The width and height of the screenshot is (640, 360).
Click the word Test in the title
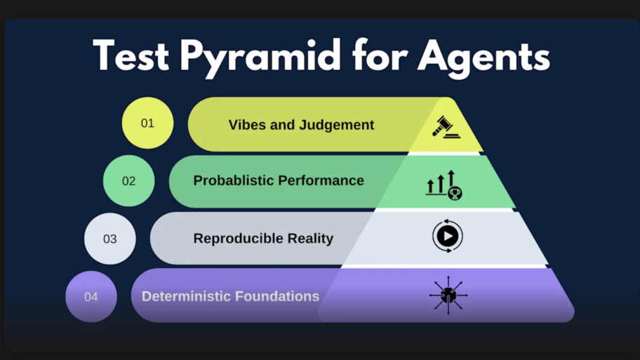(131, 56)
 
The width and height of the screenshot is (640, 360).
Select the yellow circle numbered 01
(147, 124)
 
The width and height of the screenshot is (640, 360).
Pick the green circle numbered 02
(128, 181)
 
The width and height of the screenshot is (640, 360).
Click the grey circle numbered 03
(110, 239)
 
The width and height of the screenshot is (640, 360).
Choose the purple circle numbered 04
(91, 297)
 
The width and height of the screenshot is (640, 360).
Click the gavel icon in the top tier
(446, 127)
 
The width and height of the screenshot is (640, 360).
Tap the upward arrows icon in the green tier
(444, 185)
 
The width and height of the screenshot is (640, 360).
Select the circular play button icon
(447, 236)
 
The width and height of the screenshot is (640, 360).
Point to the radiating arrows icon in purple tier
(448, 295)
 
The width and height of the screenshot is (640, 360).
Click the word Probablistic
(234, 180)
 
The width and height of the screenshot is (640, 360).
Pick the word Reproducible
(235, 239)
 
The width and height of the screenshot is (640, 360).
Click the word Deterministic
(185, 296)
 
